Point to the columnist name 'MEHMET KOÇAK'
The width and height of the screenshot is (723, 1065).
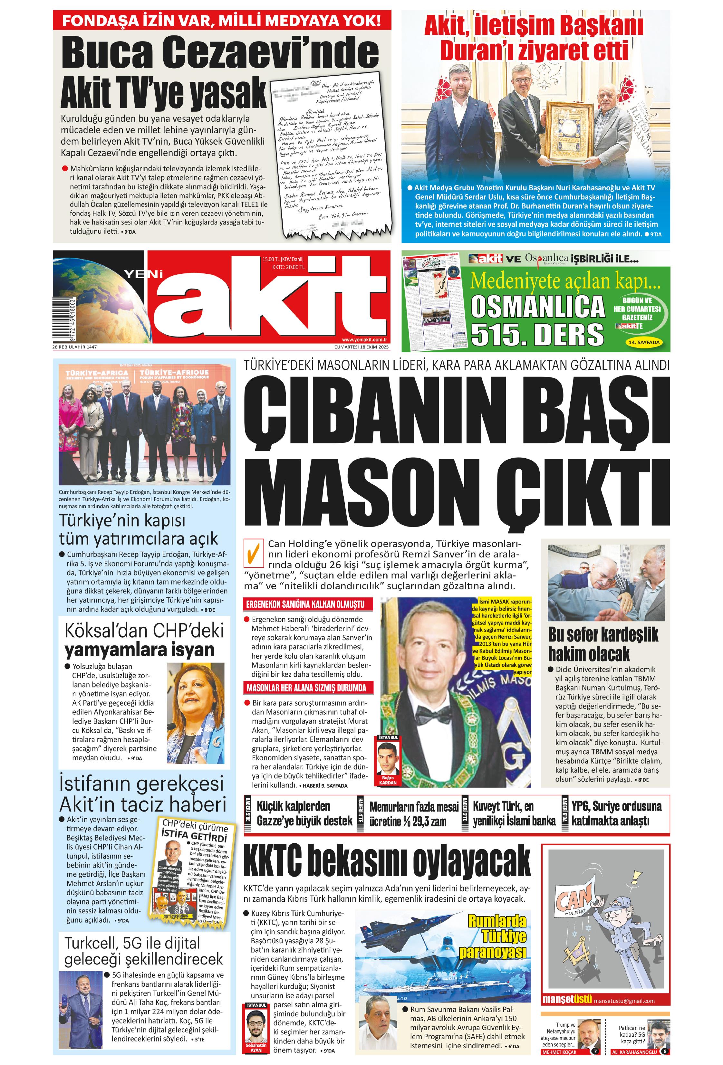click(x=559, y=1052)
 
